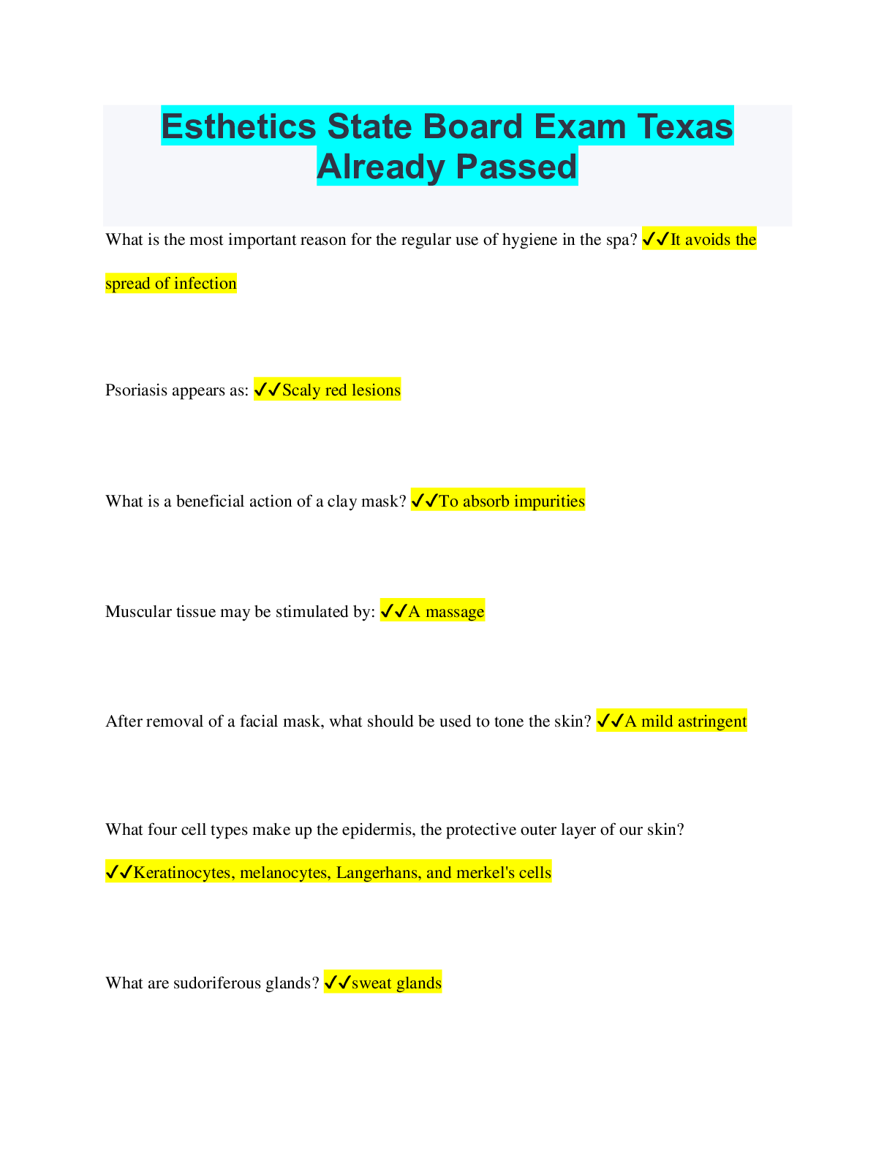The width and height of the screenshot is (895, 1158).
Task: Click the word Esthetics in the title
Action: [239, 126]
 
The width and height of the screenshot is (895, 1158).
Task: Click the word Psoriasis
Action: [137, 390]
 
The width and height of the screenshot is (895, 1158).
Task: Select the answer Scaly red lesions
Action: [341, 390]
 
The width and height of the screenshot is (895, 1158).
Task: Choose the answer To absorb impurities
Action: [511, 502]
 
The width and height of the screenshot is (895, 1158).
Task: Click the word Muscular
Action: [137, 612]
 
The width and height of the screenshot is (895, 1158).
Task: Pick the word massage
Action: [455, 612]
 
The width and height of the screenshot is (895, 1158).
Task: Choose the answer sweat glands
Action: [396, 983]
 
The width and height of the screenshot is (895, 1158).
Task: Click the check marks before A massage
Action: [393, 611]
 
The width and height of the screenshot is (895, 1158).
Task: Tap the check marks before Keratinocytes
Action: [118, 872]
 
